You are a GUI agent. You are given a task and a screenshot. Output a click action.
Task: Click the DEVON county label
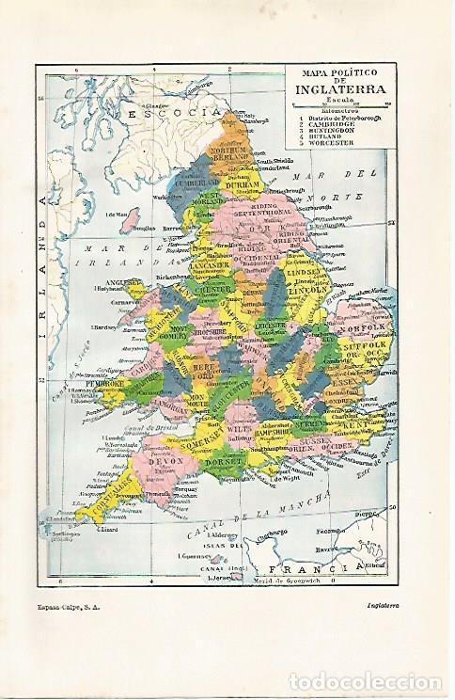(x=166, y=462)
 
